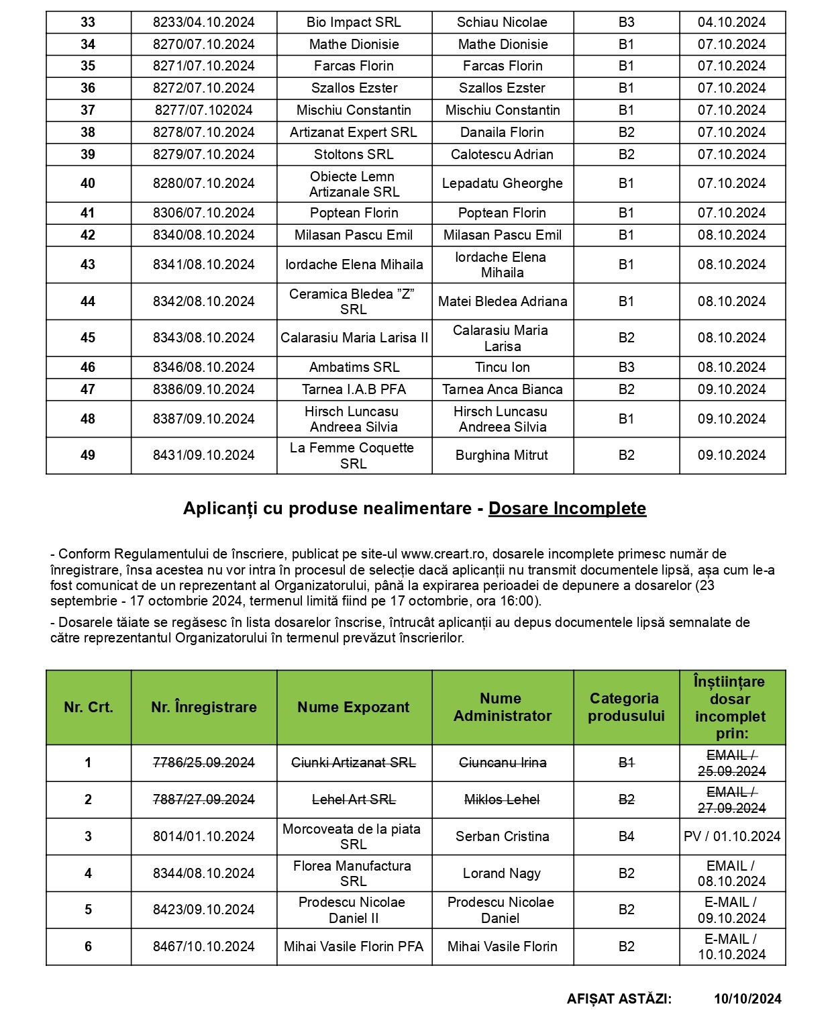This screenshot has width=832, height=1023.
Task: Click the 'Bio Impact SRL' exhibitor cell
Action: click(x=354, y=22)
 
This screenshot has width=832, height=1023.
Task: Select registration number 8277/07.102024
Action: click(x=203, y=110)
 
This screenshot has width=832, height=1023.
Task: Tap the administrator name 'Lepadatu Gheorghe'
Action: click(x=502, y=183)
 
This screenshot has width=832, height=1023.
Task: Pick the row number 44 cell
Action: click(x=88, y=301)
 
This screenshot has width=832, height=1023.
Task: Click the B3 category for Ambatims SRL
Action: click(x=626, y=367)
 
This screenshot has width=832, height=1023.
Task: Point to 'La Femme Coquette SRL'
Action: click(x=353, y=455)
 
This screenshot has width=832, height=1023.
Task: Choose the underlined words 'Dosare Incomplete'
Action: click(x=567, y=508)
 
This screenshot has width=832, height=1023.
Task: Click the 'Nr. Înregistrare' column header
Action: click(x=203, y=707)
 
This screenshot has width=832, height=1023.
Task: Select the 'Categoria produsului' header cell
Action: click(x=625, y=707)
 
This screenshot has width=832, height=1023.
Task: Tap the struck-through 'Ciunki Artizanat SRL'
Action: click(x=353, y=763)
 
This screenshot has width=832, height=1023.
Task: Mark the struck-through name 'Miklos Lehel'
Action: click(x=502, y=799)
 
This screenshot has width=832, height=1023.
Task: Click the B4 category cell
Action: click(x=626, y=836)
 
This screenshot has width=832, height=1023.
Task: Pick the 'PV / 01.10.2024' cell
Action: click(x=731, y=836)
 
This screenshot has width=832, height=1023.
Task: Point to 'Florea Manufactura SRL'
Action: click(x=353, y=873)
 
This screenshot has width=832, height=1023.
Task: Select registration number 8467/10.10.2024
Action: click(x=203, y=946)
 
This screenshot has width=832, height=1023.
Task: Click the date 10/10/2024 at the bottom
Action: click(x=747, y=999)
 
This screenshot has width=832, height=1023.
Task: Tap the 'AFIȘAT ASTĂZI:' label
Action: click(x=619, y=999)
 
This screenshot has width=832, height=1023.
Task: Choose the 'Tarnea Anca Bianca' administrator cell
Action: click(x=502, y=389)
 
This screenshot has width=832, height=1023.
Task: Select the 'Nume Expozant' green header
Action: click(x=353, y=707)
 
